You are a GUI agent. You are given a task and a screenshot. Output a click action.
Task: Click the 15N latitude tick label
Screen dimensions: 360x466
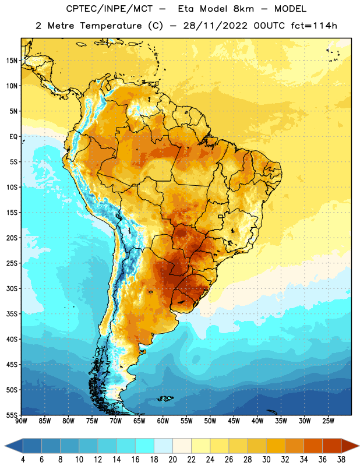click(12, 61)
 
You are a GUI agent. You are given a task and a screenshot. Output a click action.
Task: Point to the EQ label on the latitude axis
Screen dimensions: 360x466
click(13, 137)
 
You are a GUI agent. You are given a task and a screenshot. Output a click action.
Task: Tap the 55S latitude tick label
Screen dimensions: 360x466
click(12, 415)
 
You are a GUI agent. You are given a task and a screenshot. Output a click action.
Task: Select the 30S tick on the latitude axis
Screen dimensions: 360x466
click(12, 288)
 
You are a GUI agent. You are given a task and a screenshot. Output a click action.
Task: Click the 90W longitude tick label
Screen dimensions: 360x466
click(21, 421)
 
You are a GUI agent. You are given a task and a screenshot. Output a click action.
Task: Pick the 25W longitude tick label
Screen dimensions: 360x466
click(328, 421)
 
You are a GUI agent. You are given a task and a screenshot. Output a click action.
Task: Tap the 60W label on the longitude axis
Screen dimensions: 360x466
click(163, 421)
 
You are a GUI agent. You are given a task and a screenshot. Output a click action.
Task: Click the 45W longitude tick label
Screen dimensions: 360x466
click(234, 421)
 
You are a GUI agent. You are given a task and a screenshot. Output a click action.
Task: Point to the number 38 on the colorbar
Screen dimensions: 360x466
click(341, 460)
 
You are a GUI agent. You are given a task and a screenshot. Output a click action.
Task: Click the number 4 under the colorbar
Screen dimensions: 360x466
click(23, 460)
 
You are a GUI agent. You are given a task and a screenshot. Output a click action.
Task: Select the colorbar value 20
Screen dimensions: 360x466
click(172, 460)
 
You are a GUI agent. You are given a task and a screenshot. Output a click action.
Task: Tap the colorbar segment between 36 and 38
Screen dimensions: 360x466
click(332, 446)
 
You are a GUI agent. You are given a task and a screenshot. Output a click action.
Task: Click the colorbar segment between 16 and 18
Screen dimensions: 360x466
click(145, 446)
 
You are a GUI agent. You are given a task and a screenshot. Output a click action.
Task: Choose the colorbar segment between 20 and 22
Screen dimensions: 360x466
click(182, 446)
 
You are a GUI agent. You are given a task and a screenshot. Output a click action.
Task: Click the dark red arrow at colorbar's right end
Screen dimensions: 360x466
click(350, 446)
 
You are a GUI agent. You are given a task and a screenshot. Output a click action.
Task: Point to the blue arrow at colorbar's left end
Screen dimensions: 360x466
click(14, 446)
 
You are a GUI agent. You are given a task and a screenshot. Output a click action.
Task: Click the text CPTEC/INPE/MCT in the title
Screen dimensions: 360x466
click(109, 9)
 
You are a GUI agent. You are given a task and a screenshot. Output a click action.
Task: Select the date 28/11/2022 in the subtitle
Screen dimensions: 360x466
click(215, 26)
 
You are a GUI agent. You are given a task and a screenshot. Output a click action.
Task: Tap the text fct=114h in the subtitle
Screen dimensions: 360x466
click(314, 26)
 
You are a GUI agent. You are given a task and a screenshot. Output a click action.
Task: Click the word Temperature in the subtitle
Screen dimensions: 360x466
click(111, 26)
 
